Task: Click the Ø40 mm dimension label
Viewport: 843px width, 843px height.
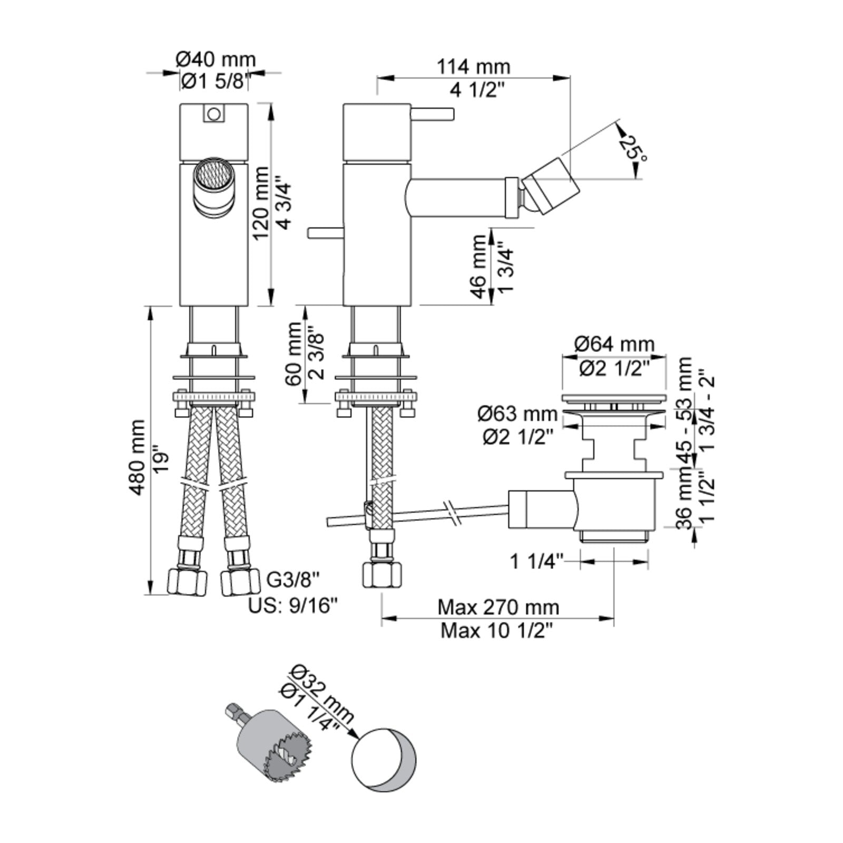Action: [x=216, y=59]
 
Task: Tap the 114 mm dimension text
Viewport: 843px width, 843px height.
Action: [x=474, y=67]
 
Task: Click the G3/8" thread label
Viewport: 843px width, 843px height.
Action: [x=293, y=580]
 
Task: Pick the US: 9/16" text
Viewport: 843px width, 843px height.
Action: [x=293, y=606]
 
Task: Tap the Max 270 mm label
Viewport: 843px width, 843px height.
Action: [x=498, y=607]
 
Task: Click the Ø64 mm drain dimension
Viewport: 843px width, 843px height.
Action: [x=614, y=345]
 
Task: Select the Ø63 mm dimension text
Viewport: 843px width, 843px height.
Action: [x=517, y=414]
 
